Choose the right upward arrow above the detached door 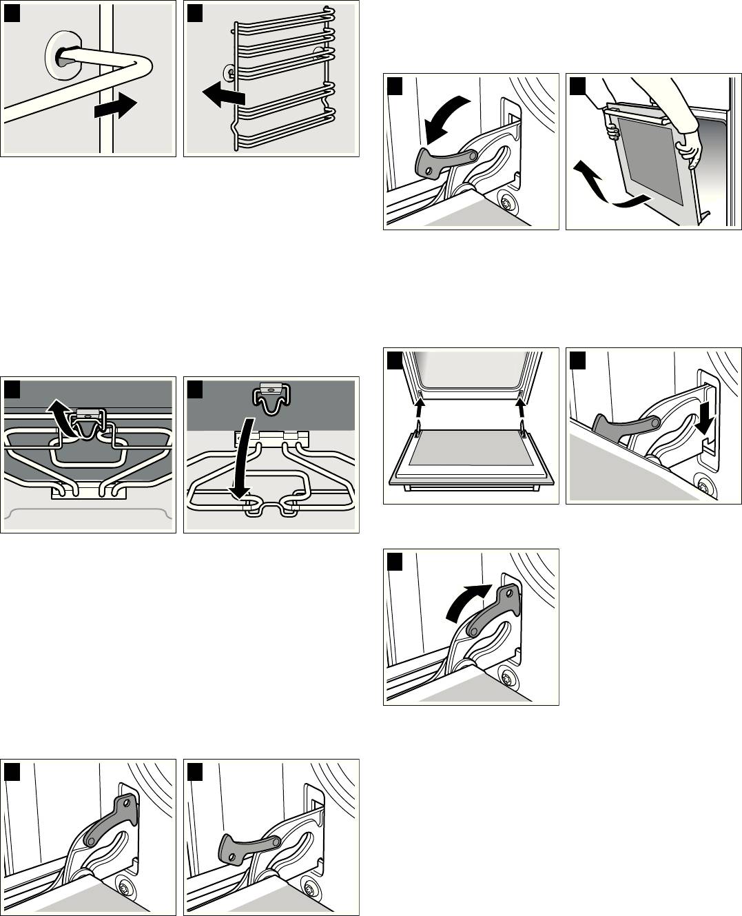click(522, 411)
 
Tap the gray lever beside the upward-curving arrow click(491, 609)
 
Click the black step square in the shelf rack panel click(194, 11)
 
